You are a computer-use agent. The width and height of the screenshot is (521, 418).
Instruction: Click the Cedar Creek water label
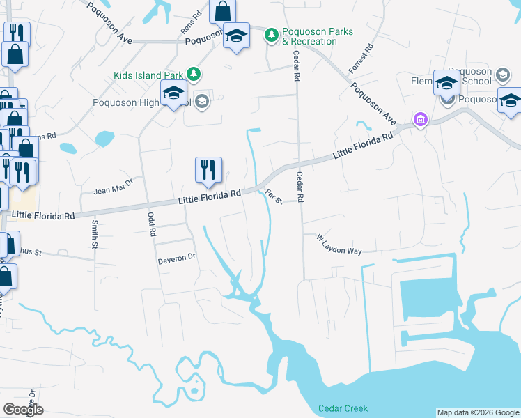(x=336, y=408)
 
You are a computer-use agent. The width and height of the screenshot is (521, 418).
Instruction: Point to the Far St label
(x=272, y=197)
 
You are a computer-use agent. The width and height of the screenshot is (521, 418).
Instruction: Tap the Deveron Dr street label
(x=178, y=258)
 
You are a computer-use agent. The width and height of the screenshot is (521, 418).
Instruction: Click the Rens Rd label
(x=190, y=23)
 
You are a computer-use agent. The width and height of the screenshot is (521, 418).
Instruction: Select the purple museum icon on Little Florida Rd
(x=419, y=120)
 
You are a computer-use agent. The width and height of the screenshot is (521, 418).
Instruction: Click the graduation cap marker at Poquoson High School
(x=173, y=93)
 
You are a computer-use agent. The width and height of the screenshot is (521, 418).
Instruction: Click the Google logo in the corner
(x=23, y=410)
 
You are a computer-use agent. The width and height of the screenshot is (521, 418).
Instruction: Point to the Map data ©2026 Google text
(x=477, y=412)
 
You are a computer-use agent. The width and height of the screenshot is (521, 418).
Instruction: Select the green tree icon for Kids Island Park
(x=197, y=75)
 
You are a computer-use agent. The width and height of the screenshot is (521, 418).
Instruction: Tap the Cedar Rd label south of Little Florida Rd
(x=300, y=187)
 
